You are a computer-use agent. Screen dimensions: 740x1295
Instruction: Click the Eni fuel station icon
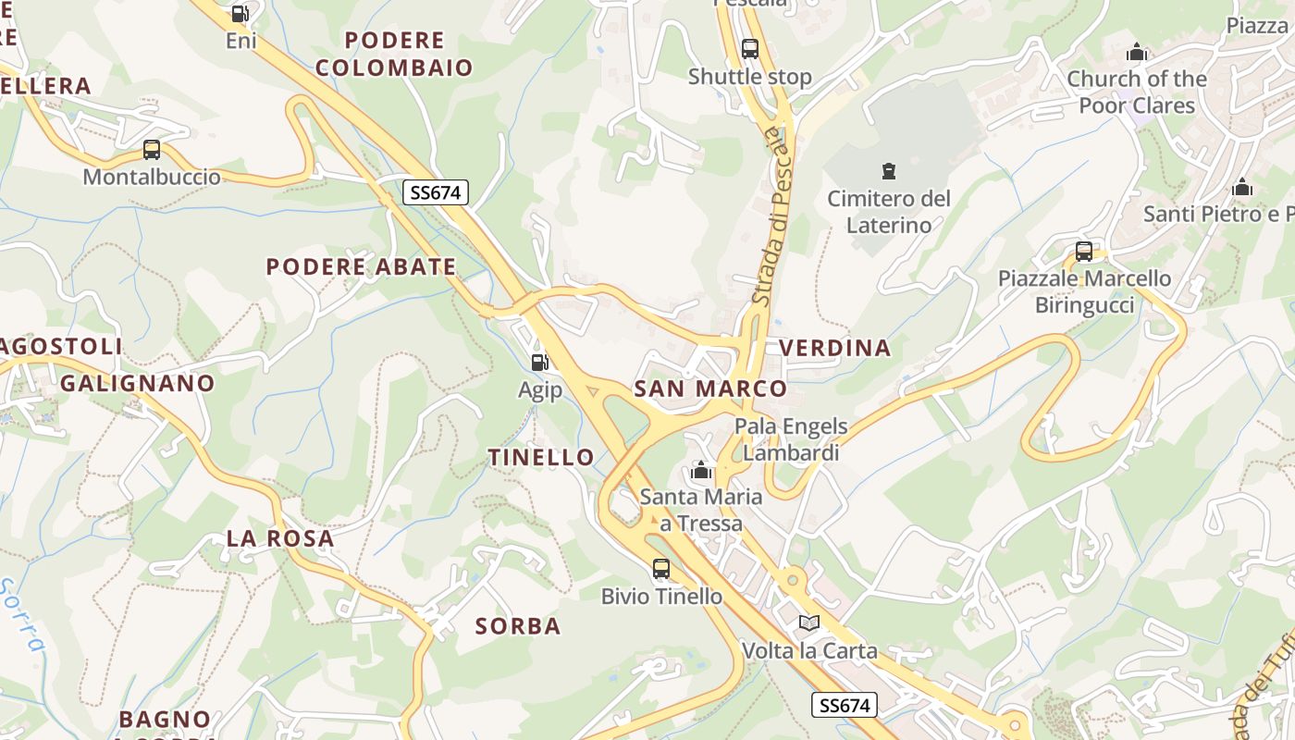click(x=240, y=13)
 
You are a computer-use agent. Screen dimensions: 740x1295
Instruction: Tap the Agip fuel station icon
click(x=540, y=362)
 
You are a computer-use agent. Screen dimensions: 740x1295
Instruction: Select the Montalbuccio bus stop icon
click(x=152, y=149)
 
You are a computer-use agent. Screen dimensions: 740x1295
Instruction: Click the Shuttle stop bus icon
click(x=750, y=49)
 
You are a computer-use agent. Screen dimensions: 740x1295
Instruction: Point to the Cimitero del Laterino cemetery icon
click(x=889, y=170)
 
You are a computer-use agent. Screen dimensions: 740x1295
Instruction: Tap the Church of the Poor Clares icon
click(x=1137, y=52)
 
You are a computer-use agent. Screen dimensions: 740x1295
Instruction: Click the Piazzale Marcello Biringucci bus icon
click(x=1084, y=251)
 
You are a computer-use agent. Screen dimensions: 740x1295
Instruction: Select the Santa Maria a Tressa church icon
click(x=701, y=471)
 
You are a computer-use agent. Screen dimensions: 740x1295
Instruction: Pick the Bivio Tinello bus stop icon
click(x=661, y=569)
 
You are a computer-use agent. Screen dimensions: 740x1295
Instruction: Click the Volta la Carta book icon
click(x=809, y=623)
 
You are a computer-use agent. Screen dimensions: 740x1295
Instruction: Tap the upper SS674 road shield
click(x=437, y=192)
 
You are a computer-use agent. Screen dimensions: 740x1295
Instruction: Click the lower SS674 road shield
click(x=845, y=705)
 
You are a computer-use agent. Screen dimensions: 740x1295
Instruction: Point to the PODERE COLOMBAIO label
click(x=394, y=54)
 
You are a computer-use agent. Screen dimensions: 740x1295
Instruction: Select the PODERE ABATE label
click(x=361, y=266)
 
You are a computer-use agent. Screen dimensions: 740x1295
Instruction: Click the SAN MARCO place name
click(x=710, y=388)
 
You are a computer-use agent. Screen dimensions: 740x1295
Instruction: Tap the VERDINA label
click(x=835, y=348)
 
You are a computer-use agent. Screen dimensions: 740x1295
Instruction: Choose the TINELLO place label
click(x=541, y=457)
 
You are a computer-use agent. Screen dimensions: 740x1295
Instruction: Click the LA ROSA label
click(x=280, y=538)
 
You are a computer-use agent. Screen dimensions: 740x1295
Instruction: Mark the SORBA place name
click(x=518, y=626)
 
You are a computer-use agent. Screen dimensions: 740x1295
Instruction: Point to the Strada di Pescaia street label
click(x=773, y=217)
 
